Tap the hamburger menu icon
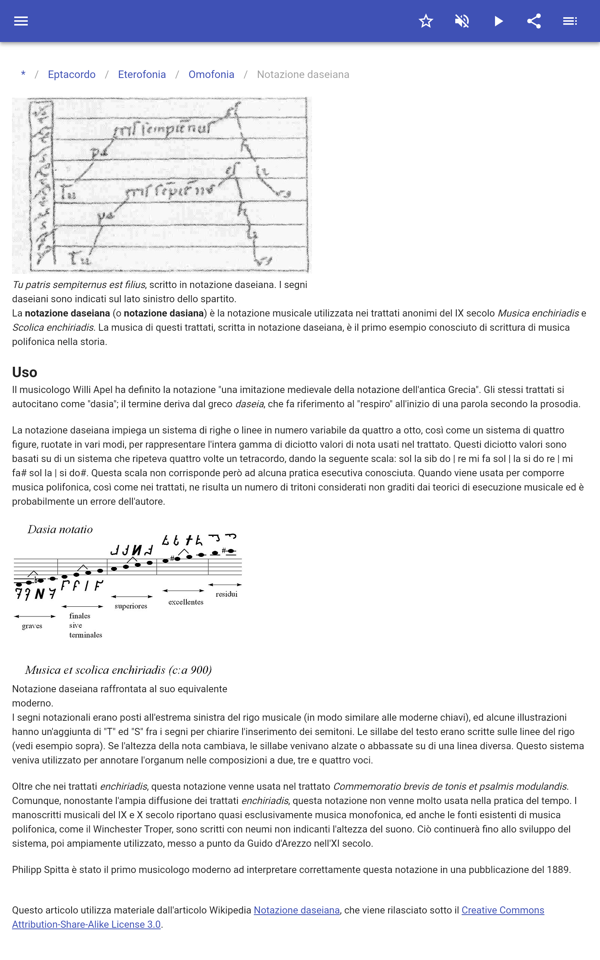click(21, 21)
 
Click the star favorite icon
click(426, 21)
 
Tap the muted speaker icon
click(462, 21)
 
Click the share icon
click(534, 21)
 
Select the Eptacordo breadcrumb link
click(71, 75)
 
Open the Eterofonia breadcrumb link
click(142, 75)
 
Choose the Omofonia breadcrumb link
click(211, 75)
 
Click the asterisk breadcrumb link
click(23, 74)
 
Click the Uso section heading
click(25, 372)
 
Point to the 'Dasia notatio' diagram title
click(60, 529)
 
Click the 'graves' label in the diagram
click(32, 626)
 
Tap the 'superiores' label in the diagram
click(131, 606)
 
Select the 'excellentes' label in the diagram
click(186, 602)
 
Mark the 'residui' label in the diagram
click(226, 594)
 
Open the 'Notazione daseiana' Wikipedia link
click(296, 910)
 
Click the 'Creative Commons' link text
click(502, 910)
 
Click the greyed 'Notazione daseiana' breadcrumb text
click(303, 75)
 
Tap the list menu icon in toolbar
click(570, 21)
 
